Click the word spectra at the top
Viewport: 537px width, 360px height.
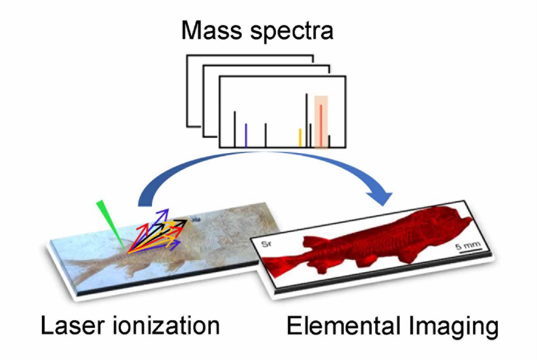pos(292,32)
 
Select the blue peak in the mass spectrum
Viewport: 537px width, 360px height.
pos(246,136)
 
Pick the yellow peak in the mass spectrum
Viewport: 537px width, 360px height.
pos(300,138)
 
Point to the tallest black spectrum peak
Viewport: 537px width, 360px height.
pos(306,120)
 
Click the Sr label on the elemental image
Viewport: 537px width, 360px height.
pos(266,244)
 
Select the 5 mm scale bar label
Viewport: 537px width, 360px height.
pos(468,245)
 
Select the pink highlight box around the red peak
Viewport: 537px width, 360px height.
pos(321,122)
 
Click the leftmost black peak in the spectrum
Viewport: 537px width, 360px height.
pos(235,129)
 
